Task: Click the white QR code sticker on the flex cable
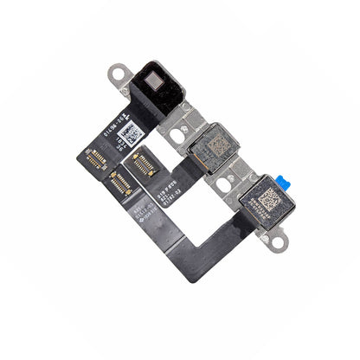click(132, 134)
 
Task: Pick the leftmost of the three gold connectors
click(96, 157)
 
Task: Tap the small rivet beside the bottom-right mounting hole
click(264, 234)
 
